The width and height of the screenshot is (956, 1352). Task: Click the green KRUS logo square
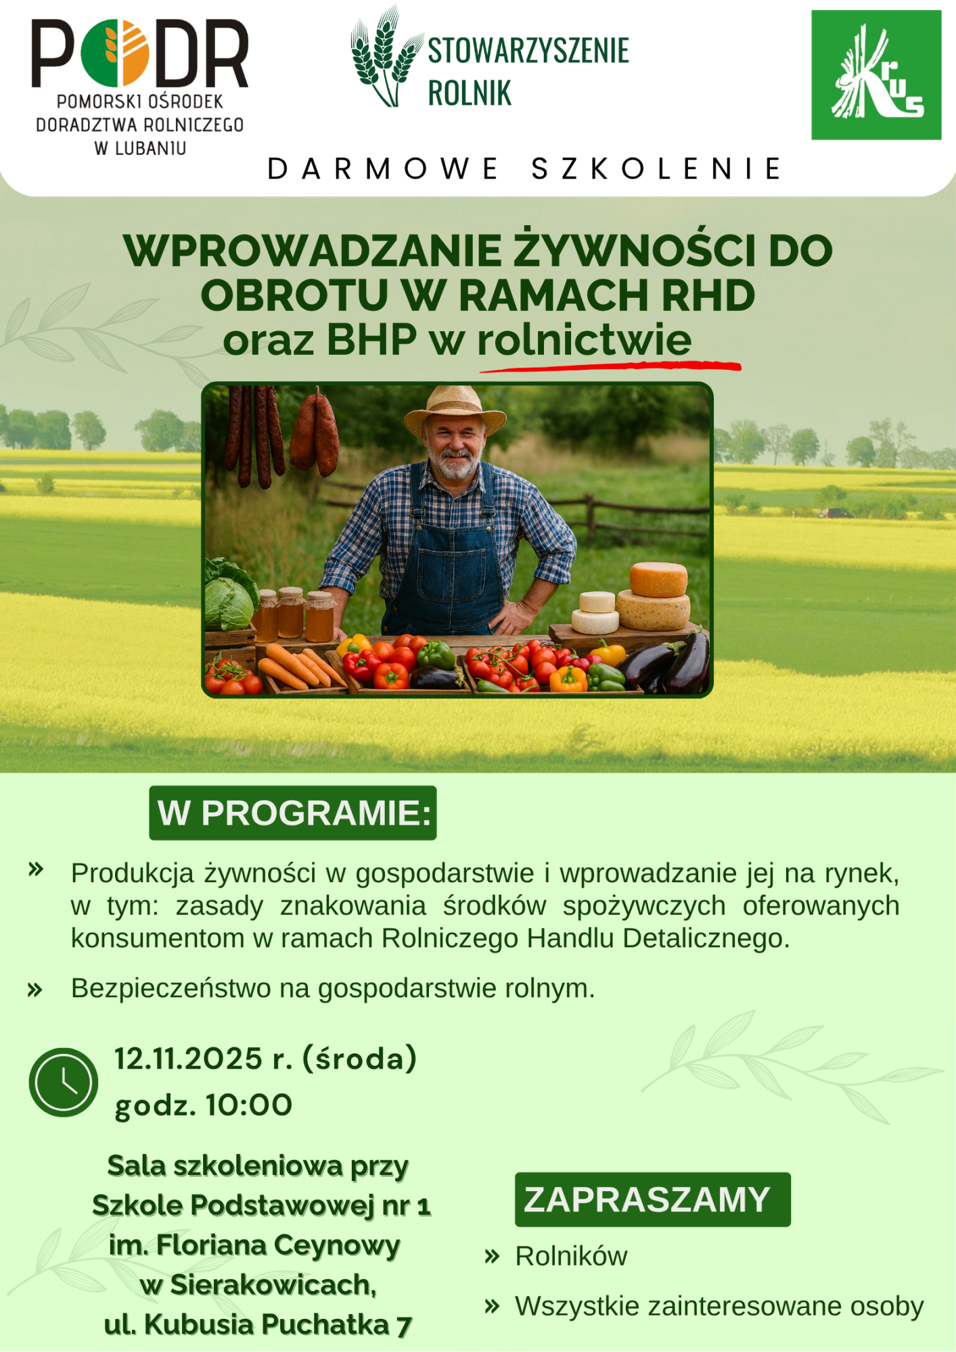(876, 75)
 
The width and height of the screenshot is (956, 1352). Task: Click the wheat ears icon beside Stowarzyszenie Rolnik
(385, 57)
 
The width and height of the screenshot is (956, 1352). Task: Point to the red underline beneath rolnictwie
(610, 366)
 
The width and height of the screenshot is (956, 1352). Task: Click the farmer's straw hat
(455, 410)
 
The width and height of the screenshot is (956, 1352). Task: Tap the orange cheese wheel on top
(658, 579)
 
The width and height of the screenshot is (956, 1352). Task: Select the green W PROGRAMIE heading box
(293, 813)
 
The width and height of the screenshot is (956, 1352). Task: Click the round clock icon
(64, 1082)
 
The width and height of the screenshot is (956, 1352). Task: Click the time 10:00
(249, 1105)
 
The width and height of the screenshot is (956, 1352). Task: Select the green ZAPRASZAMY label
(652, 1199)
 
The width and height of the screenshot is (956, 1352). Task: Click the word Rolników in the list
(571, 1256)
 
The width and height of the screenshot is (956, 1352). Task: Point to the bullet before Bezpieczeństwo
(35, 990)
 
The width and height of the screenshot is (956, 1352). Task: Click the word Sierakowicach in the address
(273, 1285)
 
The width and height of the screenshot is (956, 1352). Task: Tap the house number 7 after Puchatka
(404, 1326)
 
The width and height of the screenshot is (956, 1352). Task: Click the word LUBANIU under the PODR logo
(150, 149)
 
